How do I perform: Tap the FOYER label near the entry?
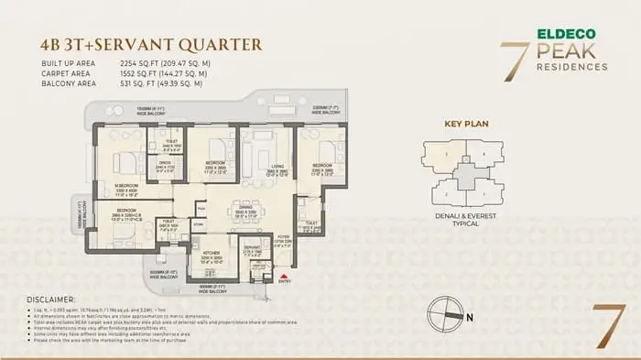283,236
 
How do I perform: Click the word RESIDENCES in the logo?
572,67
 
